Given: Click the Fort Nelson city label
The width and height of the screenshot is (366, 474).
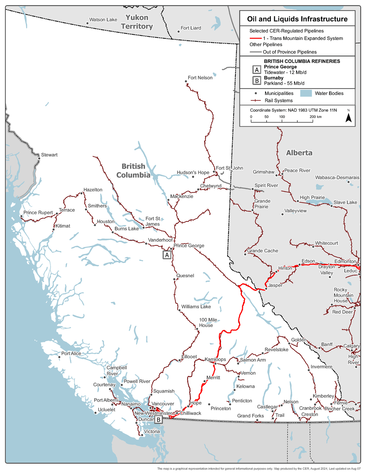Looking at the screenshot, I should click(200, 78).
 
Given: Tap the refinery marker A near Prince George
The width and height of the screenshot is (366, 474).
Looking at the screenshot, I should click(167, 255).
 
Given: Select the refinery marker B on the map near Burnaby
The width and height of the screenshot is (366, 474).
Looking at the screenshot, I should click(158, 420).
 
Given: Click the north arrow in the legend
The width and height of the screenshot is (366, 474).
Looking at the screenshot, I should click(349, 117).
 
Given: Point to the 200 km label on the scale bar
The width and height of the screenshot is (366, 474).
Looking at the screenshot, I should click(315, 117).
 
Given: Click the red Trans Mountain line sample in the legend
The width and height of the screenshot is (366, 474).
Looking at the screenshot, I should click(256, 38).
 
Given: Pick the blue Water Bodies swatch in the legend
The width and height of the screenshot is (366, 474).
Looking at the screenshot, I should click(306, 93).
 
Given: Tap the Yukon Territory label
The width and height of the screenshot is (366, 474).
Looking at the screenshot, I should click(137, 22).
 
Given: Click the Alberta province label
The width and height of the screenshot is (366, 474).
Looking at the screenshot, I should click(299, 153).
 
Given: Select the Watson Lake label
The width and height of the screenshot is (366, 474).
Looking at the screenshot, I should click(103, 20).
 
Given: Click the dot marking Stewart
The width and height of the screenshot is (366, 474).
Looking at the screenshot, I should click(39, 158).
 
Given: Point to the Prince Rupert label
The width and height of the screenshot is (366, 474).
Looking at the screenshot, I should click(38, 213).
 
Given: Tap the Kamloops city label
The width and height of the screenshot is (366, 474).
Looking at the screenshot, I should click(215, 359).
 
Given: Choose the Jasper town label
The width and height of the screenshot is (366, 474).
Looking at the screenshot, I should click(275, 285).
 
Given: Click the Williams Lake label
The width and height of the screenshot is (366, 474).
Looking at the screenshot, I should click(196, 307).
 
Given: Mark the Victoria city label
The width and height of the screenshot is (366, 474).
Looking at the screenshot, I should click(152, 432).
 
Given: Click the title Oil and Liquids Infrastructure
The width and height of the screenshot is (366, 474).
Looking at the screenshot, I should click(297, 19).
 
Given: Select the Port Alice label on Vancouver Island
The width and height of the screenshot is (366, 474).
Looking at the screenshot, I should click(71, 353).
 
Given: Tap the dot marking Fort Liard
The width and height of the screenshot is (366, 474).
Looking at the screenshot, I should click(178, 31).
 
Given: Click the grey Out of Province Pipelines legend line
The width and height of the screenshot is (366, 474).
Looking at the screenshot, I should click(256, 52).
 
